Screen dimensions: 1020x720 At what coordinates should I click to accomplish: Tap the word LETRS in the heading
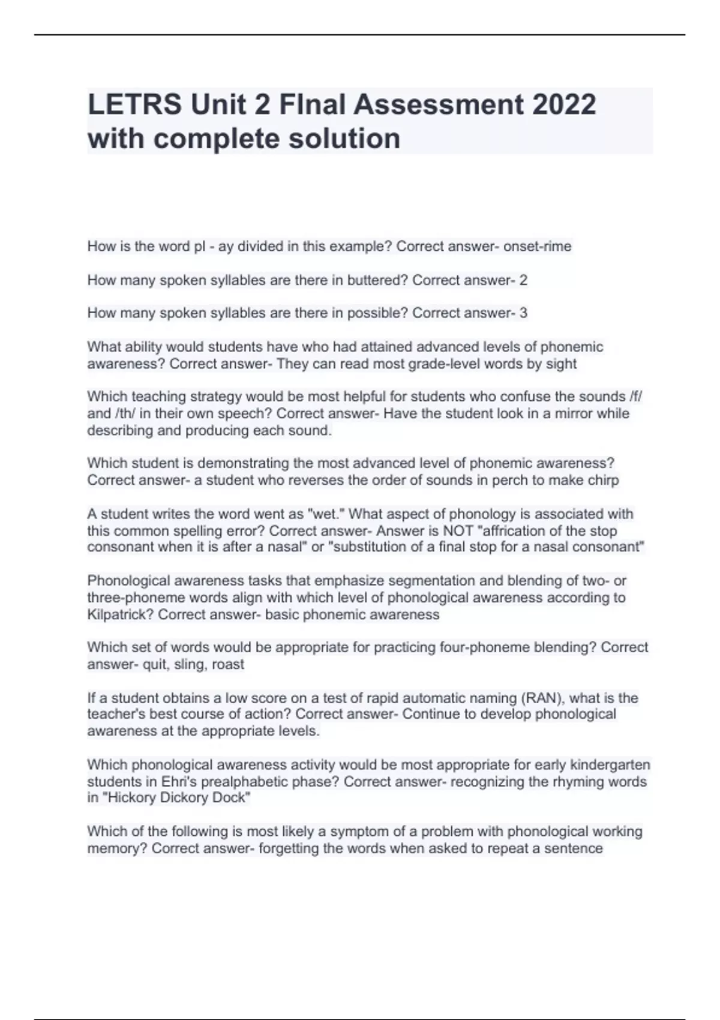(x=134, y=104)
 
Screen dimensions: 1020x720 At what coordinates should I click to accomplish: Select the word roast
(x=227, y=665)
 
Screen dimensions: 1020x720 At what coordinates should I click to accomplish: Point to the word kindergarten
(x=610, y=765)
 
